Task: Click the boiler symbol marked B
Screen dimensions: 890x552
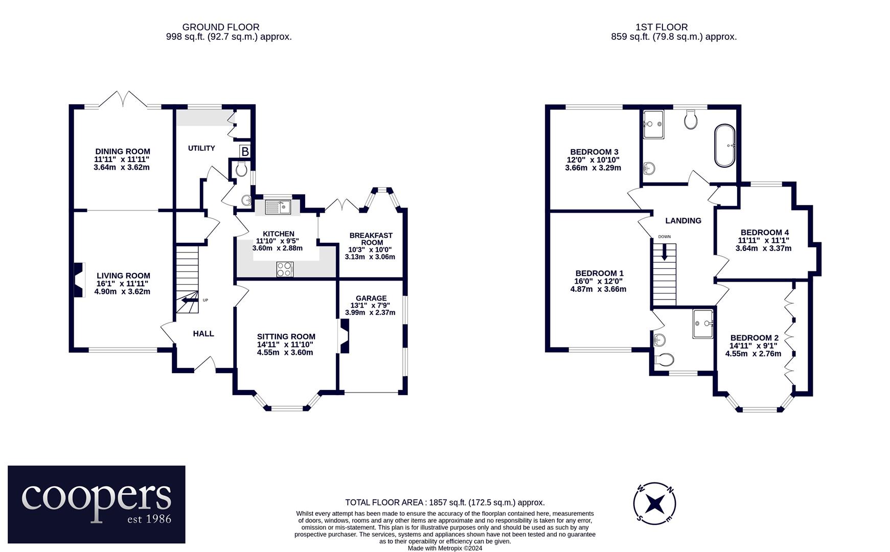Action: coord(245,151)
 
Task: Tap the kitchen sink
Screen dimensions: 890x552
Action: coord(278,207)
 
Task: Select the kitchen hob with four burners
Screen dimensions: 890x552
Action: coord(285,269)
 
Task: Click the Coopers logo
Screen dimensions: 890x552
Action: coord(97,504)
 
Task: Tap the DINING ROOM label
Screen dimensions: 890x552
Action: coord(123,151)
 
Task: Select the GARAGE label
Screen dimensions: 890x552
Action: coord(371,298)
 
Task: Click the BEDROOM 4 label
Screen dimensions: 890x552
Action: coord(764,233)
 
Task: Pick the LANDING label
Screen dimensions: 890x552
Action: coord(683,221)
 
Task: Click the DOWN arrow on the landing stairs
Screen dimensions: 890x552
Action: coord(664,252)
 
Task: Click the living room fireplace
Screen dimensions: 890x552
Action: coord(79,280)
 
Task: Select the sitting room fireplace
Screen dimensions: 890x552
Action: coord(345,336)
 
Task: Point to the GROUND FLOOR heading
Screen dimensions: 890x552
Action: coord(221,27)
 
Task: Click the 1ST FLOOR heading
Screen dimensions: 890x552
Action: coord(661,27)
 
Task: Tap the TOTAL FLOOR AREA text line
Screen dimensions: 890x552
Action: coord(445,502)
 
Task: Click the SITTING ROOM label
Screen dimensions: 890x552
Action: coord(286,336)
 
